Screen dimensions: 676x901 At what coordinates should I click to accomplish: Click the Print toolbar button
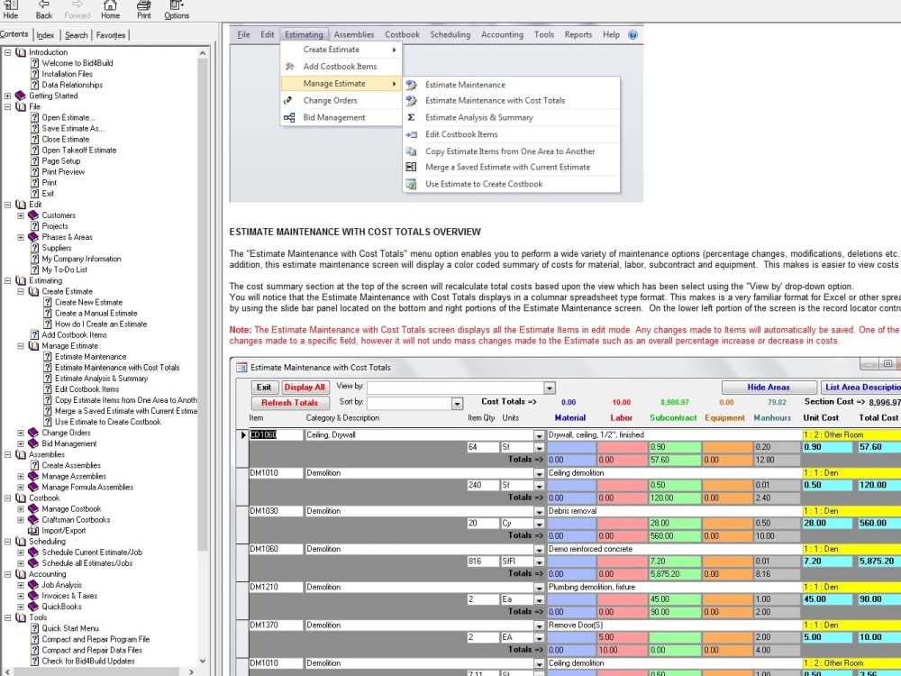pos(143,9)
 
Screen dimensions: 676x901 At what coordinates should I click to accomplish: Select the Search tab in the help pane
pos(77,35)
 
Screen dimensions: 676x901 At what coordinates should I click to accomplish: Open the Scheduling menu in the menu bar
pos(450,35)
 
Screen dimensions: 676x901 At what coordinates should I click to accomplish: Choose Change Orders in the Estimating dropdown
pos(330,101)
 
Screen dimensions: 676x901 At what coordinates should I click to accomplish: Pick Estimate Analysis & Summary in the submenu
pos(478,117)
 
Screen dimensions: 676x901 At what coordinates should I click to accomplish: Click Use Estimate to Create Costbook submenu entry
pos(484,184)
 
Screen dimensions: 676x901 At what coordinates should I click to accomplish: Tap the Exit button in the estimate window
pos(263,388)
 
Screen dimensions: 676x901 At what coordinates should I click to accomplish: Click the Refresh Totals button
pos(290,403)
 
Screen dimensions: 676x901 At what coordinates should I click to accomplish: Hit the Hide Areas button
pos(768,388)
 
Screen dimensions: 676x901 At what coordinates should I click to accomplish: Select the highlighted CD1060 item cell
pos(263,434)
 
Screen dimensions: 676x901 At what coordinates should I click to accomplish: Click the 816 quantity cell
pos(482,562)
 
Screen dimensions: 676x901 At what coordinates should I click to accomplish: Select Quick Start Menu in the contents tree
pos(70,628)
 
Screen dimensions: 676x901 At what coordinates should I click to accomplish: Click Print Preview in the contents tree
pos(63,172)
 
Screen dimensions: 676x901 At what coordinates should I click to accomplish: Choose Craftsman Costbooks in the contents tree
pos(76,520)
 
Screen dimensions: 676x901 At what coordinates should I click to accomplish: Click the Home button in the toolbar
pos(110,9)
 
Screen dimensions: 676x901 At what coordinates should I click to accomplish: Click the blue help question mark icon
pos(633,35)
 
